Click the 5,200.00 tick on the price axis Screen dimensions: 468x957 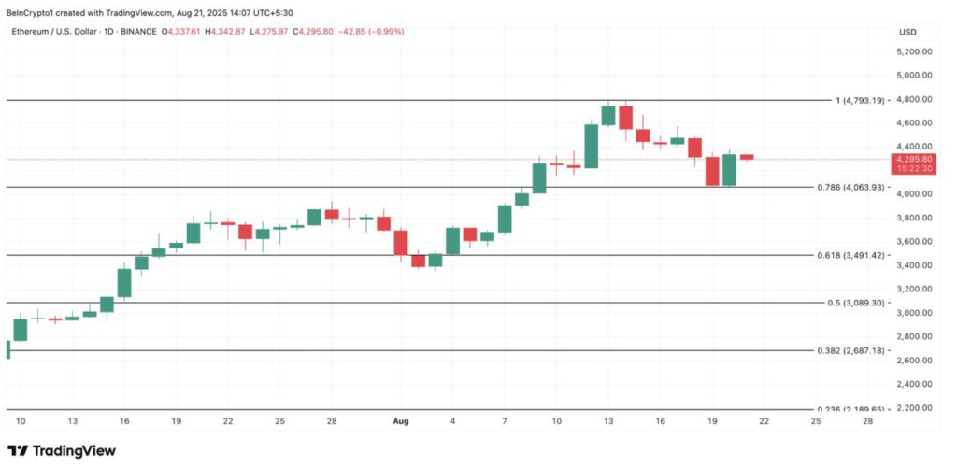pyautogui.click(x=913, y=51)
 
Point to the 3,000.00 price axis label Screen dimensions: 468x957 pyautogui.click(x=913, y=313)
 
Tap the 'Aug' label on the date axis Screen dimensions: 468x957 pyautogui.click(x=402, y=422)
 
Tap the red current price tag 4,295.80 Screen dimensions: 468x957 pyautogui.click(x=913, y=159)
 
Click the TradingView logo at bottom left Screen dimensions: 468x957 pyautogui.click(x=62, y=450)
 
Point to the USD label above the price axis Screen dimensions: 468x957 pyautogui.click(x=907, y=32)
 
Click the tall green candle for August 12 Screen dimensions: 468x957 pyautogui.click(x=591, y=146)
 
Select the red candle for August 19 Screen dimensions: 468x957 pyautogui.click(x=712, y=171)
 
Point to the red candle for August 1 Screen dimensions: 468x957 pyautogui.click(x=401, y=242)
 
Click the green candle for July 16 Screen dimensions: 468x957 pyautogui.click(x=124, y=283)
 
